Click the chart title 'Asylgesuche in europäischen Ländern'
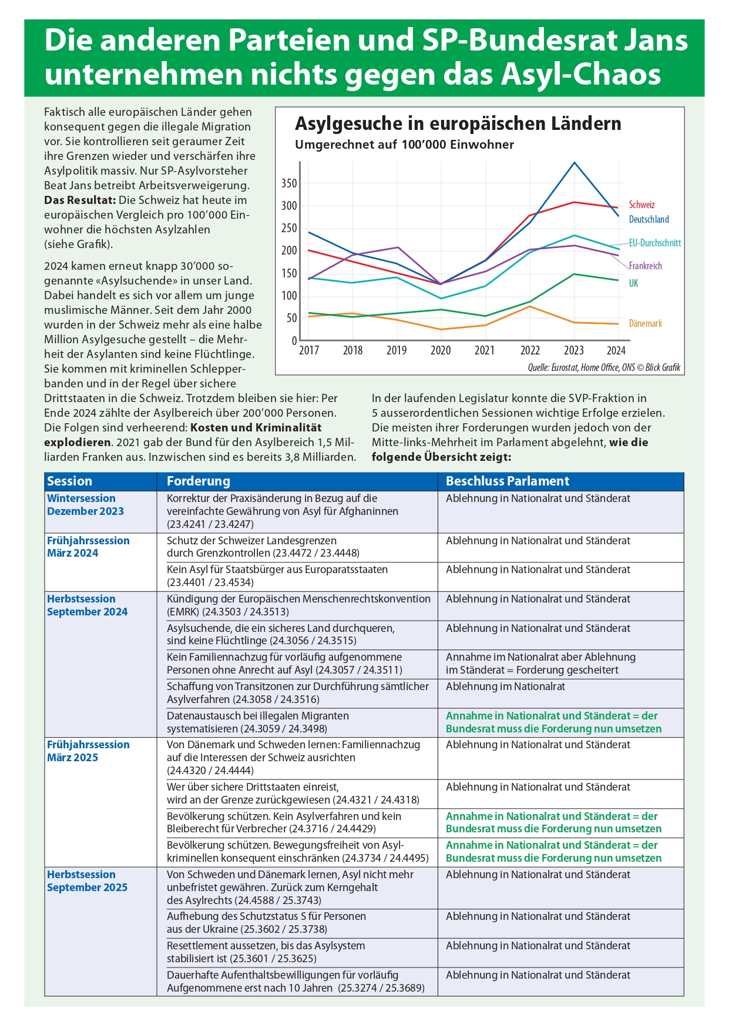click(458, 124)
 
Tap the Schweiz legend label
click(641, 205)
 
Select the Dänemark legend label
click(645, 323)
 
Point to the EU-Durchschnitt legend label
click(654, 243)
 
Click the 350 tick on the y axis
click(289, 183)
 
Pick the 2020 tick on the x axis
click(440, 351)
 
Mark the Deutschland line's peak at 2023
click(574, 163)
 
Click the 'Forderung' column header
click(199, 481)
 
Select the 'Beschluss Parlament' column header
click(508, 481)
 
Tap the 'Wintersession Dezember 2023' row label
click(86, 505)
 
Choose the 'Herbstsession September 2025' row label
click(87, 881)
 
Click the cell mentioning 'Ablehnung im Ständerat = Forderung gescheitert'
click(540, 664)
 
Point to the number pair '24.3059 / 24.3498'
click(285, 729)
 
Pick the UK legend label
click(633, 284)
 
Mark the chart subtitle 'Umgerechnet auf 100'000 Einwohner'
click(404, 145)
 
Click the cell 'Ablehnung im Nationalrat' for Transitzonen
click(505, 687)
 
